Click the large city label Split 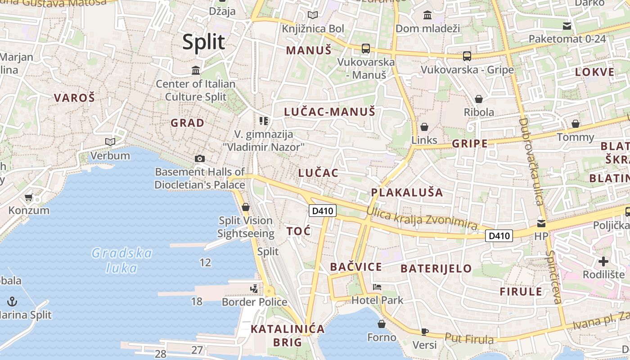(x=203, y=42)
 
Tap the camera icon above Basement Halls (x=200, y=158)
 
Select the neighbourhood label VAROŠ (x=75, y=97)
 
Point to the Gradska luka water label (x=122, y=261)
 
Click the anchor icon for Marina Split (x=12, y=301)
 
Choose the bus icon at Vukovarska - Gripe (x=467, y=56)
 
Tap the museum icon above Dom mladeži (x=427, y=16)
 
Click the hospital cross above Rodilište (x=603, y=261)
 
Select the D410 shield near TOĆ (x=323, y=210)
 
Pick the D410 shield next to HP (x=499, y=235)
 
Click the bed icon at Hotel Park (x=377, y=287)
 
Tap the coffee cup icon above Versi (x=424, y=332)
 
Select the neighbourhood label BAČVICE (x=356, y=267)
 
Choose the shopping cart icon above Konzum (x=29, y=197)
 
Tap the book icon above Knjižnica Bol (x=312, y=15)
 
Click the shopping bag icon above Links (x=424, y=127)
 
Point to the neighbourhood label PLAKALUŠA (x=407, y=193)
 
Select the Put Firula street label (x=469, y=338)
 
